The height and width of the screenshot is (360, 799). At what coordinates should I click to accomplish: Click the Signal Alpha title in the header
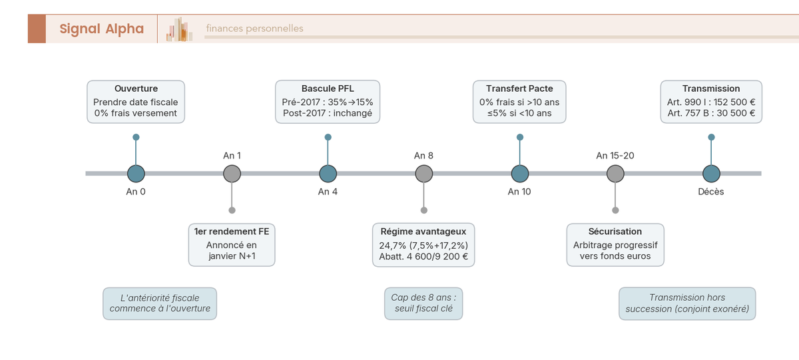[x=101, y=29]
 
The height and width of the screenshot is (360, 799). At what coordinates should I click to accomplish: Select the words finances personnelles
[x=254, y=29]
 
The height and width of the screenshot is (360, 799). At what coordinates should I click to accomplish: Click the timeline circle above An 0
[x=136, y=174]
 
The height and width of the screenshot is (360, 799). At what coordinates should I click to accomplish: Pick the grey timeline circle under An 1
[x=232, y=174]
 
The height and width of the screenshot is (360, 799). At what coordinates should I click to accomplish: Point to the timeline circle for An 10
[x=520, y=174]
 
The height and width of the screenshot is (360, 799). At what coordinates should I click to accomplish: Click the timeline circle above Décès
[x=711, y=174]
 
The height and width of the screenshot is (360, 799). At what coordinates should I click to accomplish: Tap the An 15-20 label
[x=615, y=156]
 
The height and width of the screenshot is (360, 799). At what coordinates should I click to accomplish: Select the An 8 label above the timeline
[x=423, y=156]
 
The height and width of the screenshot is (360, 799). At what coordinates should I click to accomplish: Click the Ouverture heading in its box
[x=136, y=89]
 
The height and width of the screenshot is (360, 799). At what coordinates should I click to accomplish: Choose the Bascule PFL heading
[x=328, y=89]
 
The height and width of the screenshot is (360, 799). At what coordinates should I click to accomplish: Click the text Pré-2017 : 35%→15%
[x=328, y=102]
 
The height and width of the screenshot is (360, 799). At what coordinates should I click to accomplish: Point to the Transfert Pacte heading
[x=519, y=89]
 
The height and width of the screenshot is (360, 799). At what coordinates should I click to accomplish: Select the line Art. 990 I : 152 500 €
[x=711, y=102]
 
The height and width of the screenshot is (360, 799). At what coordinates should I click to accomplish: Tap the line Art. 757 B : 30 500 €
[x=711, y=113]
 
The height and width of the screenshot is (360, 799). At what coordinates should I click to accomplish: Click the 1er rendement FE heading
[x=232, y=232]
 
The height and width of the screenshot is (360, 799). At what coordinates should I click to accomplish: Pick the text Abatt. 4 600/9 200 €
[x=423, y=256]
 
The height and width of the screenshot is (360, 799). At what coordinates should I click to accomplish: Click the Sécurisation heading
[x=615, y=232]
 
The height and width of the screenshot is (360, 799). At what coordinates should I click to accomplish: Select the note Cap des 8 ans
[x=423, y=303]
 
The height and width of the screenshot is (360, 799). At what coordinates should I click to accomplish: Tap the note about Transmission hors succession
[x=687, y=303]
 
